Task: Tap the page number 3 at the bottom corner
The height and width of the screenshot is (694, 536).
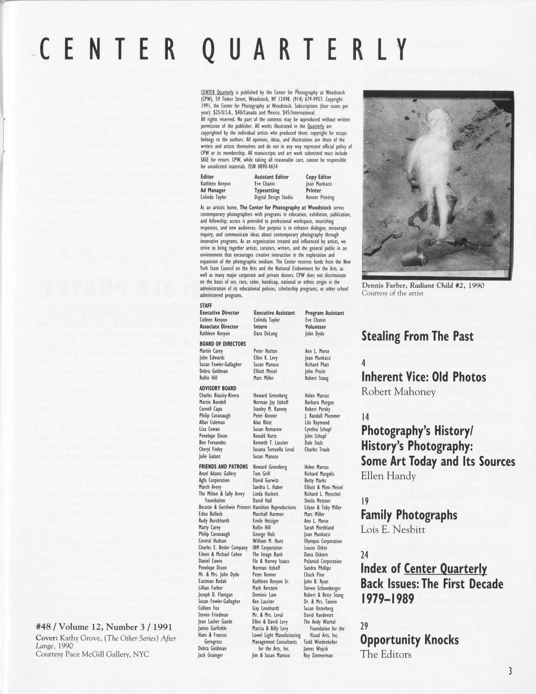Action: (510, 671)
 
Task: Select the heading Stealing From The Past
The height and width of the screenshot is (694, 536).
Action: (417, 336)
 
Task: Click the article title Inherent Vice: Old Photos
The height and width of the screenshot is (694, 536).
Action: (423, 377)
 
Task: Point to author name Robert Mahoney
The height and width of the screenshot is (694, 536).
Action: (398, 392)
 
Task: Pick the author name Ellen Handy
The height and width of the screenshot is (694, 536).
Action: (388, 476)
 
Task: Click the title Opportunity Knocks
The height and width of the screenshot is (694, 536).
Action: (410, 640)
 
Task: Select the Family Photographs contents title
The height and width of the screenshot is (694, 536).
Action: (409, 515)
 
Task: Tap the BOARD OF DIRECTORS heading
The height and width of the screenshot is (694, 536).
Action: (222, 344)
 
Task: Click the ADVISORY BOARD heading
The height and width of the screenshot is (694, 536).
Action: (218, 388)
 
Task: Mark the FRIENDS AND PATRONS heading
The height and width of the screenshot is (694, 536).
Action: (223, 467)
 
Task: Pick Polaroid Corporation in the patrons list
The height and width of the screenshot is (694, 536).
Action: (322, 561)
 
